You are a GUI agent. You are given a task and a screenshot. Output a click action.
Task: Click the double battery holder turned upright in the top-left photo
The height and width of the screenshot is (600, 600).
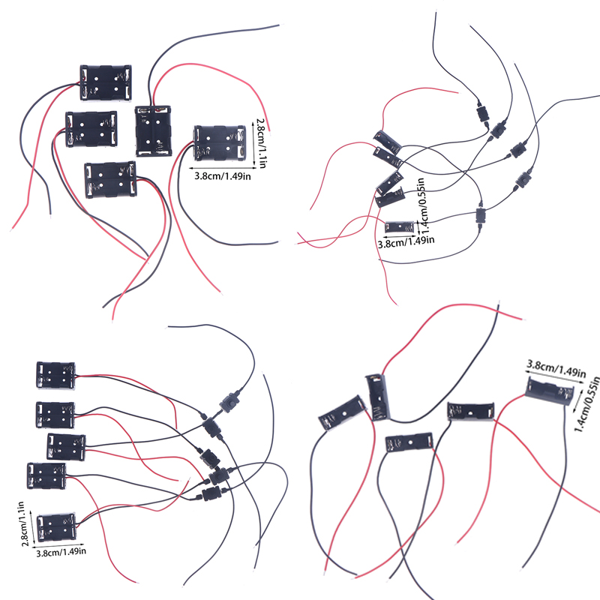click(x=153, y=130)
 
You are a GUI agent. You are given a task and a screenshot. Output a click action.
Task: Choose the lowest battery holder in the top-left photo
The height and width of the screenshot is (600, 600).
click(x=110, y=180)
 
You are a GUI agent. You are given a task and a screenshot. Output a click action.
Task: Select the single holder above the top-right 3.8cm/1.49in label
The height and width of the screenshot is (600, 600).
click(x=400, y=226)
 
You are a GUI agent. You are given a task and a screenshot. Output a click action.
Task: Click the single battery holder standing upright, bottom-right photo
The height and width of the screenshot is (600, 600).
click(x=376, y=396)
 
